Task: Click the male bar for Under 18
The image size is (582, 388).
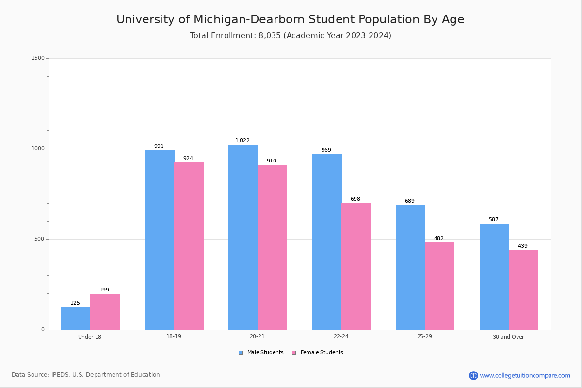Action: [x=76, y=318]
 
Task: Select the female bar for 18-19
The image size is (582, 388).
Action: [x=189, y=246]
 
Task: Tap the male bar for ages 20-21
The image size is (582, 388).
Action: [x=243, y=237]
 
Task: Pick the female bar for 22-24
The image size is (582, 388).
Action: [x=356, y=266]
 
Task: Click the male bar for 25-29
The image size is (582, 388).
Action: [x=410, y=267]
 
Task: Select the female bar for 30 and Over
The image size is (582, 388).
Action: [x=523, y=290]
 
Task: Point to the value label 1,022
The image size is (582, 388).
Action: [x=242, y=141]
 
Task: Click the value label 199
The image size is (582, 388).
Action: [x=104, y=290]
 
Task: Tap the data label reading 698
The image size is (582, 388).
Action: [x=356, y=199]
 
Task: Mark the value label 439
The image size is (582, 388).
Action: [x=523, y=246]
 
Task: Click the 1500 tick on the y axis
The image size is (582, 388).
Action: [x=38, y=58]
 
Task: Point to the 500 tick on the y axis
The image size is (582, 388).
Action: [x=39, y=239]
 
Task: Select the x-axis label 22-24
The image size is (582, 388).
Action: [x=341, y=337]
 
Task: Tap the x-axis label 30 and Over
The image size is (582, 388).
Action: [x=508, y=337]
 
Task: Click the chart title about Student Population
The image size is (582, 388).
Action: [x=290, y=20]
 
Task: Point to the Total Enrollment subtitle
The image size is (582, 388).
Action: [x=291, y=36]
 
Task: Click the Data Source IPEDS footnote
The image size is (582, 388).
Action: [x=86, y=375]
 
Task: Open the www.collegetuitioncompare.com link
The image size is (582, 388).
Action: [x=525, y=375]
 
